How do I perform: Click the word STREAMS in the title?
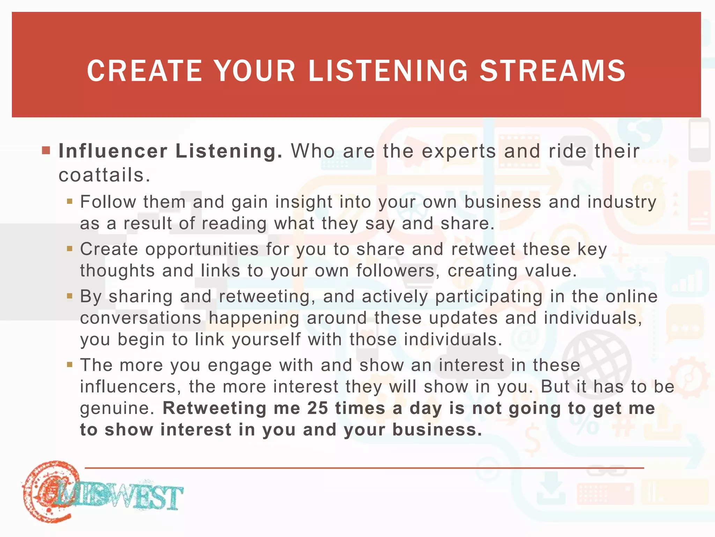click(553, 71)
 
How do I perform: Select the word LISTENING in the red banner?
click(388, 71)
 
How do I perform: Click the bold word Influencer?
click(113, 151)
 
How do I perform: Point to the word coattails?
click(104, 175)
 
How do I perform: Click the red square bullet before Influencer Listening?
click(46, 151)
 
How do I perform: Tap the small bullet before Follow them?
click(70, 201)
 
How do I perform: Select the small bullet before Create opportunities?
click(70, 249)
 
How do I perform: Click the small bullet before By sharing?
click(70, 296)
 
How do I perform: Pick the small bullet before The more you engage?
click(70, 365)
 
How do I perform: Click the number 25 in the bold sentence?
click(317, 408)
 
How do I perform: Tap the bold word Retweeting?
click(214, 408)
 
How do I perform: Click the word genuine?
click(117, 409)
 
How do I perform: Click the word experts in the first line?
click(459, 152)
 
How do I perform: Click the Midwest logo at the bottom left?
click(101, 492)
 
